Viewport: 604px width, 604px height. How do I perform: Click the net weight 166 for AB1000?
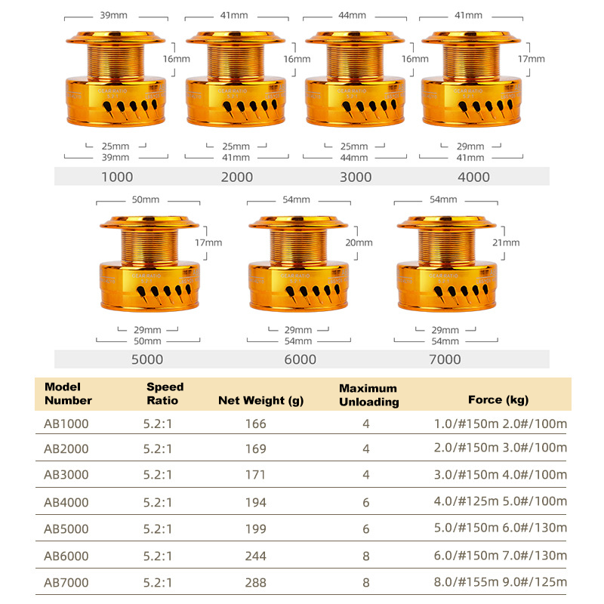[256, 424]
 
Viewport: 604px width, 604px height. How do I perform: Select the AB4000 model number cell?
[66, 502]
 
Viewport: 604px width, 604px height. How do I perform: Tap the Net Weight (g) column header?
[260, 400]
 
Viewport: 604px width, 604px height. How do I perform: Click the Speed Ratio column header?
[165, 393]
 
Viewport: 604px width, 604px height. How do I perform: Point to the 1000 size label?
[116, 177]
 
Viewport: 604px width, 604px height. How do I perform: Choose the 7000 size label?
[444, 359]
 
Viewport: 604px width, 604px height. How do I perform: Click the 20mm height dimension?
[359, 243]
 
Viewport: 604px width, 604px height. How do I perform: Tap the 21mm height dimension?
[506, 243]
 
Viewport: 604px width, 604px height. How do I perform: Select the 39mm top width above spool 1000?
[113, 15]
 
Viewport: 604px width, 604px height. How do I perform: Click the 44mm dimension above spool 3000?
[353, 15]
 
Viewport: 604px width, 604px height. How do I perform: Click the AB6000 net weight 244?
[256, 555]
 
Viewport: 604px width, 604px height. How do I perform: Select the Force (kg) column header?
[498, 400]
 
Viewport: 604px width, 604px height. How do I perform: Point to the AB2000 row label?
[66, 449]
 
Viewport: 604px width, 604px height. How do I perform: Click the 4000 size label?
[474, 177]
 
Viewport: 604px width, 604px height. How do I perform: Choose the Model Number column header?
[68, 393]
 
